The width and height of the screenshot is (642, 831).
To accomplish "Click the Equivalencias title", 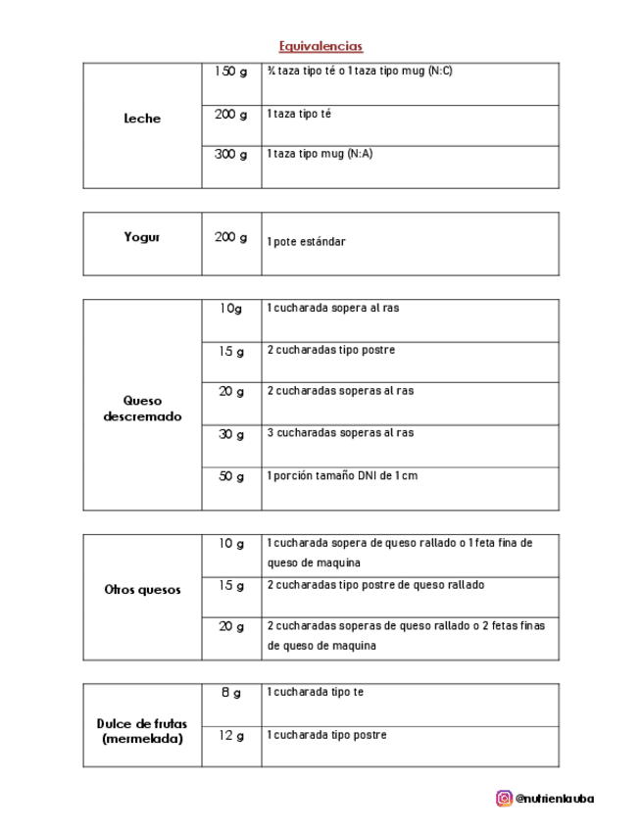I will (321, 46).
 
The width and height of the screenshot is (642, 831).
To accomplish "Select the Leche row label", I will (142, 119).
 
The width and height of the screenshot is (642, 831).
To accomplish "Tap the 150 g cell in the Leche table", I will (231, 72).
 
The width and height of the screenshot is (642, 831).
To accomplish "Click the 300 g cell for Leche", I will (231, 154).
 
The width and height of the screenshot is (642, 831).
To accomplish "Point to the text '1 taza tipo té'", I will (299, 114).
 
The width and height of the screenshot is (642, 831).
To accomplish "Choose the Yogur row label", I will (142, 237).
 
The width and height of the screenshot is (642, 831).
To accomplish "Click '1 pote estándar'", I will (306, 241).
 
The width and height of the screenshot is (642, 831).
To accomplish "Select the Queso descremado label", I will (142, 409).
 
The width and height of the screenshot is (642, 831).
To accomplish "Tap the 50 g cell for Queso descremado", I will (231, 476).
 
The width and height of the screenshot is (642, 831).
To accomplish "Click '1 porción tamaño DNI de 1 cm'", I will (342, 476).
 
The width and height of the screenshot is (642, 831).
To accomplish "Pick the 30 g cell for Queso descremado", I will (231, 434).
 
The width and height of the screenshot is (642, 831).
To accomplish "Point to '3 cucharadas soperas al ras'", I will (340, 433).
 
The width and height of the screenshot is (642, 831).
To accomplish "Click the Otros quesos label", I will (142, 590).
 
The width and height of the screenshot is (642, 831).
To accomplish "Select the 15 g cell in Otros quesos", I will (231, 586).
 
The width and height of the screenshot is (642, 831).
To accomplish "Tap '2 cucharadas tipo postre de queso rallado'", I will (375, 585).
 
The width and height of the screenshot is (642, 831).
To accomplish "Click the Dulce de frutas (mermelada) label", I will (142, 731).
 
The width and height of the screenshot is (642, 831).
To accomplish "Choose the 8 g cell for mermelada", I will (231, 693).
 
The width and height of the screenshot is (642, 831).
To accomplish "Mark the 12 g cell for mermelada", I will (231, 735).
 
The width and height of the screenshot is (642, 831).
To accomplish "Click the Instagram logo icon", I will (504, 799).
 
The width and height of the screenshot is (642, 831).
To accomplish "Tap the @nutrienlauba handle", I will (555, 799).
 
